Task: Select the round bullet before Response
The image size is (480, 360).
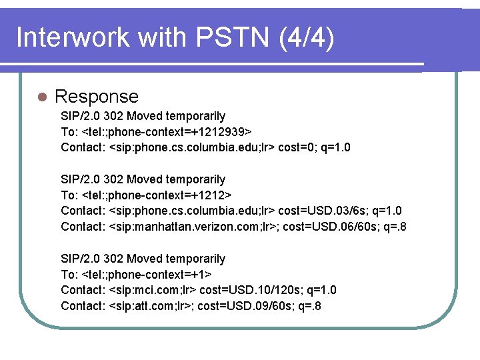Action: tap(41, 97)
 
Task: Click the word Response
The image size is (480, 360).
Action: tap(97, 97)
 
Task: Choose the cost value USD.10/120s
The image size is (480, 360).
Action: tap(270, 290)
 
